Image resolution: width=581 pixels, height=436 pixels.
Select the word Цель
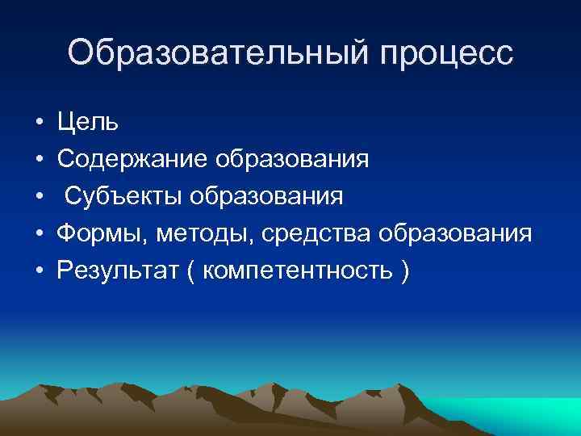point(88,123)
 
